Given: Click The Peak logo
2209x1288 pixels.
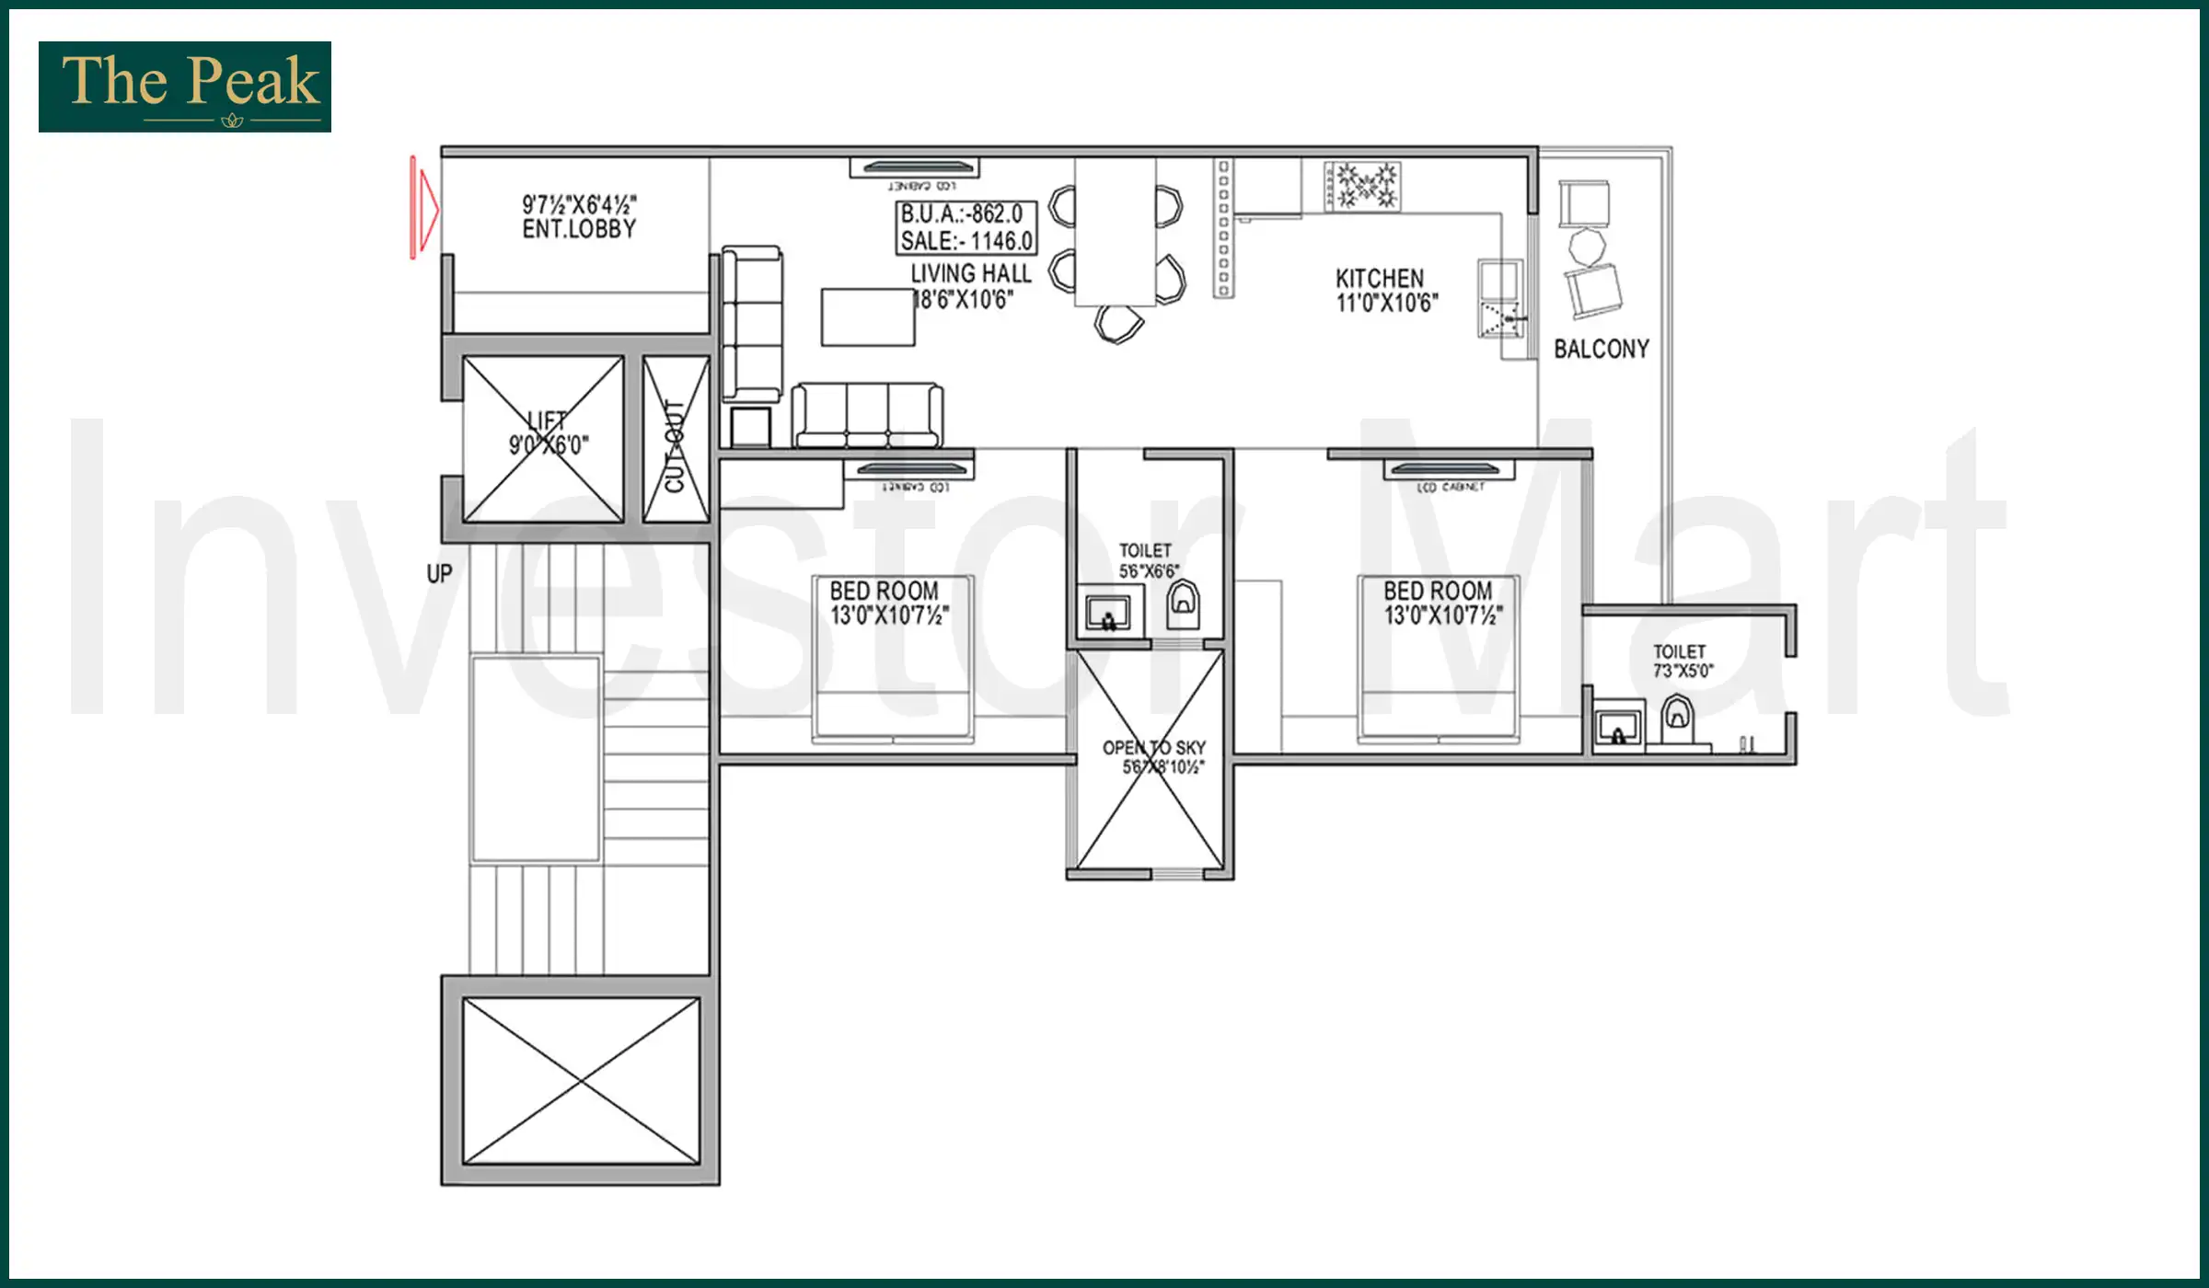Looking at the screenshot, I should [185, 86].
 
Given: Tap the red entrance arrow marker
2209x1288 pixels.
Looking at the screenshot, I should [423, 208].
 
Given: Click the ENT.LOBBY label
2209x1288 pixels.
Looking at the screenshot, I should [579, 229].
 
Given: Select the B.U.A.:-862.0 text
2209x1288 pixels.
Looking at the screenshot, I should [963, 214].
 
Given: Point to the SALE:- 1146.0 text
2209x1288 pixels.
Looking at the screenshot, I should [966, 241].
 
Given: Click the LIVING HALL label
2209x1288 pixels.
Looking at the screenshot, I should [971, 273].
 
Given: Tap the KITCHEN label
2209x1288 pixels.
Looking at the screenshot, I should [1380, 278].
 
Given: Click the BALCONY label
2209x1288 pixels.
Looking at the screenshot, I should [1602, 349].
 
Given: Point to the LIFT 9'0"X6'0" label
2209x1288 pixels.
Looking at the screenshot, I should [548, 433].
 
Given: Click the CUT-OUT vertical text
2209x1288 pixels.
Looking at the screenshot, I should [675, 445].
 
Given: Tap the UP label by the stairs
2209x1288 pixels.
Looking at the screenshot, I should [439, 574].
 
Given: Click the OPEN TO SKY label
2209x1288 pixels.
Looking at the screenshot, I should [1154, 748].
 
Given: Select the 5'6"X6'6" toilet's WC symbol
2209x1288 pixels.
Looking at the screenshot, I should [1183, 603].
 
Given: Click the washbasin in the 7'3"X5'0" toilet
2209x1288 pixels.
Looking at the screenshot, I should [1618, 729].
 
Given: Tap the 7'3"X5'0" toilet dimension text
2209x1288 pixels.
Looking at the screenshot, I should [1683, 671].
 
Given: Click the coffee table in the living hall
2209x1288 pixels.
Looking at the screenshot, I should [867, 317].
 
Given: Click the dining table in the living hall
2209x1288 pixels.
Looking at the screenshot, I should [1115, 232].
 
